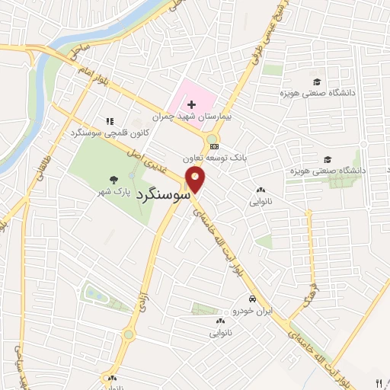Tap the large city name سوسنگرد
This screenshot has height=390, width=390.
[164, 195]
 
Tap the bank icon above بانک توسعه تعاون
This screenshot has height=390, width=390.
[215, 146]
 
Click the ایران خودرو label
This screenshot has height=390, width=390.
[253, 312]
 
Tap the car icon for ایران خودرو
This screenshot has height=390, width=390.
[252, 299]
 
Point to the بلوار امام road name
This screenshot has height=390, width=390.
[94, 79]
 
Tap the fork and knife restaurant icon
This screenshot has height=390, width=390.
[379, 383]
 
